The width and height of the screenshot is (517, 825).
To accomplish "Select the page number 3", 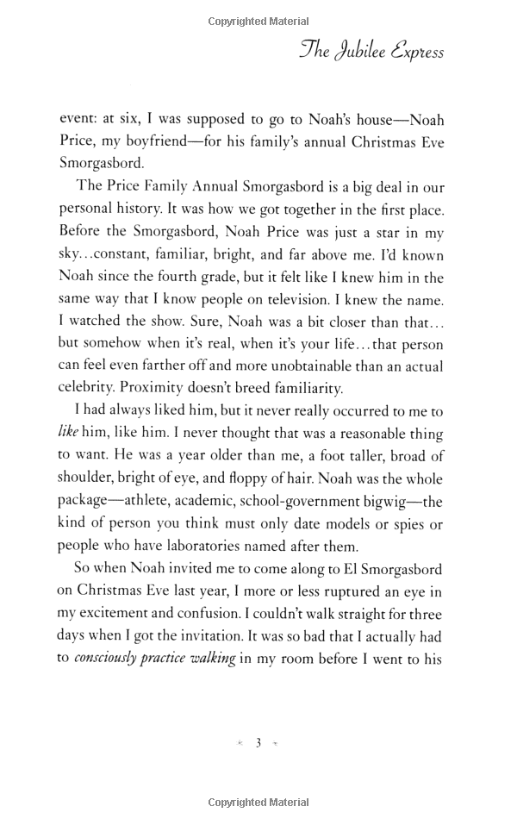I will click(258, 743).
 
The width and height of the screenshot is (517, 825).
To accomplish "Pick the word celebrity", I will click(90, 389).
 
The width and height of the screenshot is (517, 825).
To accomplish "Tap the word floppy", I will click(295, 478).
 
